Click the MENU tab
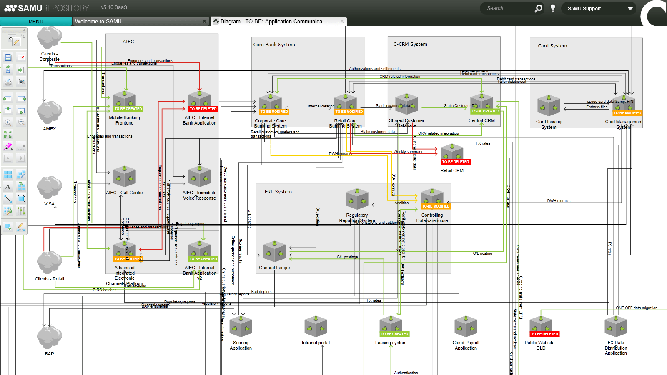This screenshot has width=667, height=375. [x=36, y=21]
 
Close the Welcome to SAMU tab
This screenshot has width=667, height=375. [x=204, y=21]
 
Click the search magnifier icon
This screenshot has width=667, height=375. [x=539, y=8]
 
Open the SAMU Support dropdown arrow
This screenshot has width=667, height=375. [x=630, y=8]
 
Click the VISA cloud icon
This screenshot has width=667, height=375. [x=50, y=187]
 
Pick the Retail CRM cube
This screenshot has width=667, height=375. [x=452, y=152]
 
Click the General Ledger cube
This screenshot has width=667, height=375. [x=274, y=252]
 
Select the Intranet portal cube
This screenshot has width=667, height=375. [x=316, y=326]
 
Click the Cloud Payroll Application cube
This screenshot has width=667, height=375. [x=466, y=326]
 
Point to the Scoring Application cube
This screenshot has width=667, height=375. [x=241, y=326]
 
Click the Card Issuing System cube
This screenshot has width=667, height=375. [x=549, y=106]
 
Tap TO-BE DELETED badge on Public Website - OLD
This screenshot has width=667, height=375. [x=544, y=334]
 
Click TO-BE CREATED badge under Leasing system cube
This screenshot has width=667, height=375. [x=394, y=334]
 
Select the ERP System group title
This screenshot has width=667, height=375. [x=278, y=192]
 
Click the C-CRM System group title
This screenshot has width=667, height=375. [x=410, y=44]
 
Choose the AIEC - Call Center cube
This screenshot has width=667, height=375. [x=124, y=177]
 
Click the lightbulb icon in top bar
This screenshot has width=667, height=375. [x=553, y=8]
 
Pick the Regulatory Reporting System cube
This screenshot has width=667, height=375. [x=357, y=199]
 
